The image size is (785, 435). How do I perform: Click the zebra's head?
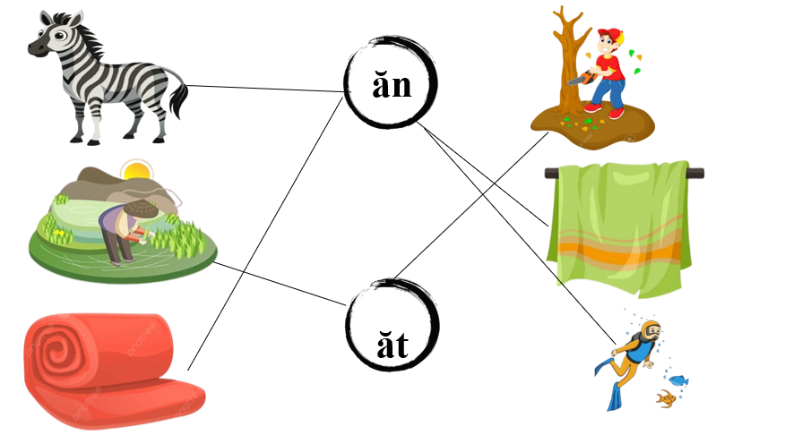(48, 38)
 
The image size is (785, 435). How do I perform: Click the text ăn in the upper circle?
(392, 85)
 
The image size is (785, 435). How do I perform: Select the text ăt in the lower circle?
(392, 343)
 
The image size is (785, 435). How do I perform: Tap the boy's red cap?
(609, 35)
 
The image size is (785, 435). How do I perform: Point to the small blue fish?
(677, 380)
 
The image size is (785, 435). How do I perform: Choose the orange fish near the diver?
(664, 397)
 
